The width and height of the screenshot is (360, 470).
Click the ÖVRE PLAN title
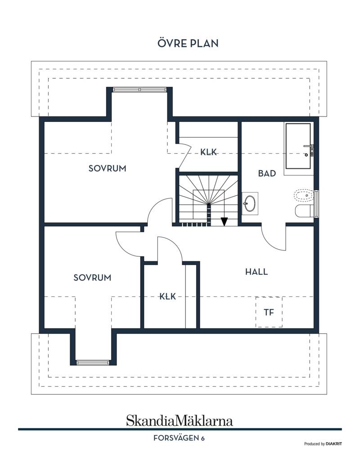188,43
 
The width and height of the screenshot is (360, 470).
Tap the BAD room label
267,173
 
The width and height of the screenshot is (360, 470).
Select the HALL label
256,272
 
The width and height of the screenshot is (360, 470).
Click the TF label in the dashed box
269,312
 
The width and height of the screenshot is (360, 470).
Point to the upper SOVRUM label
108,169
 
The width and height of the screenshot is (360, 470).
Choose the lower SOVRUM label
92,278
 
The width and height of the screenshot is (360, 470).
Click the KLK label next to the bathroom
208,152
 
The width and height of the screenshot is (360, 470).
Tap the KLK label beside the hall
167,296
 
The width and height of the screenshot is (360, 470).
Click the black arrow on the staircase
224,221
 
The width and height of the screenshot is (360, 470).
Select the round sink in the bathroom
250,204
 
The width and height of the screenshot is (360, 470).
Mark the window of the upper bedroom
139,90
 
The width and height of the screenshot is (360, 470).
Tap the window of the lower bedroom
93,363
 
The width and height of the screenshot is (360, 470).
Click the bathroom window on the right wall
316,203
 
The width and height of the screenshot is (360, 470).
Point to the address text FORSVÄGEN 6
179,438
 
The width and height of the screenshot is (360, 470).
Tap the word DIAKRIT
334,444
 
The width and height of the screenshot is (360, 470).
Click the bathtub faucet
309,149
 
